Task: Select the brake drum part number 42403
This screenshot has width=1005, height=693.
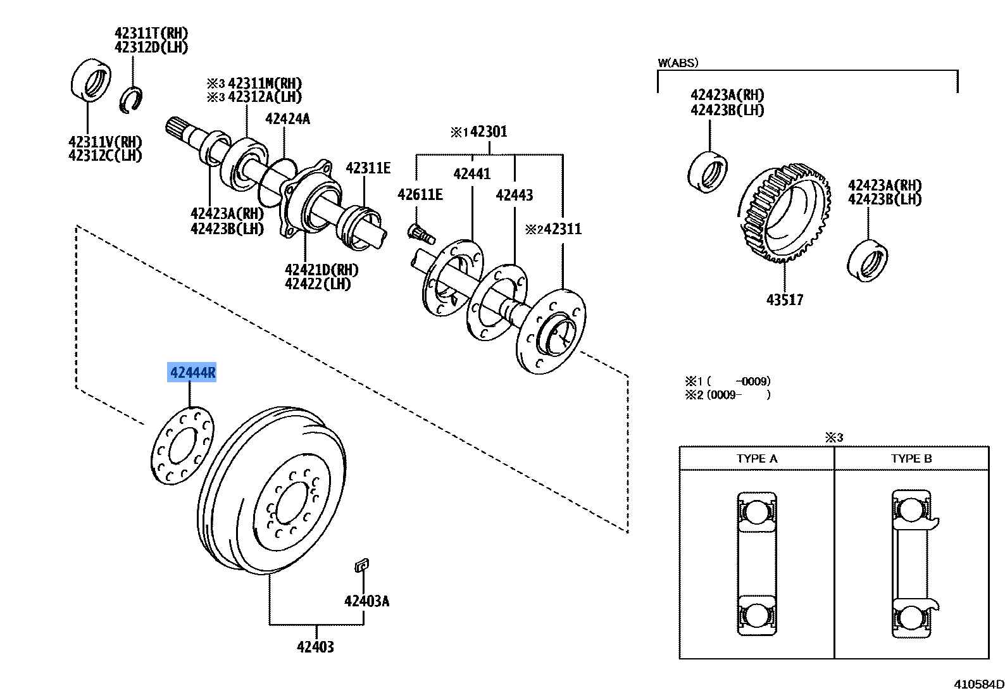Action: click(315, 647)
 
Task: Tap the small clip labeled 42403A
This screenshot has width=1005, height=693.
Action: click(361, 565)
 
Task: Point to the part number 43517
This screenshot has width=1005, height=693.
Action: click(784, 299)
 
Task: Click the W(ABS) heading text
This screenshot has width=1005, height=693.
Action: click(678, 63)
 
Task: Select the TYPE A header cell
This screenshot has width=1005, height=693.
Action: click(756, 458)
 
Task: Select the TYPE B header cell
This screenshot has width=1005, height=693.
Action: click(911, 458)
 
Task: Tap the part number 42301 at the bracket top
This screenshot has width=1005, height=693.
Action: click(489, 132)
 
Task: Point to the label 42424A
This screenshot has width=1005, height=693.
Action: click(287, 118)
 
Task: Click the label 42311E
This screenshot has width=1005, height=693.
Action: click(368, 168)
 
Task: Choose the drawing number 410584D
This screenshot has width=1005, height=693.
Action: click(978, 684)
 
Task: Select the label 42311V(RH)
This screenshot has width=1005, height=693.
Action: click(105, 142)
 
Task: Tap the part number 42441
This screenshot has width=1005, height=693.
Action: click(472, 173)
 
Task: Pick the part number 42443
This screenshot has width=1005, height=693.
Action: click(514, 195)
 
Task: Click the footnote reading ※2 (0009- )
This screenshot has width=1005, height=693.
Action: click(728, 395)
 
